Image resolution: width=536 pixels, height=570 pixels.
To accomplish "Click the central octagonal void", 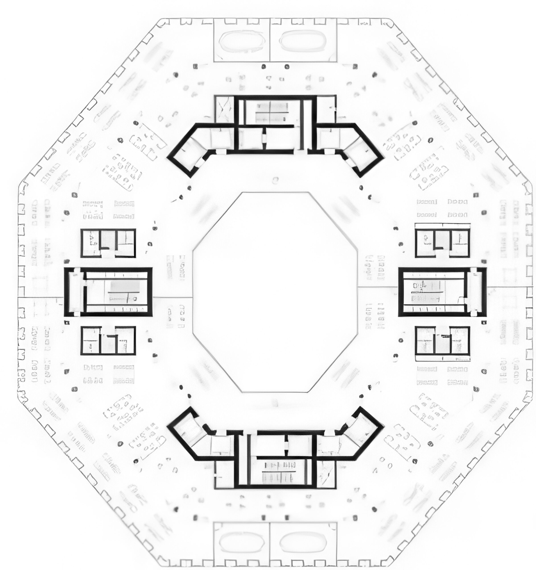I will pos(275,292).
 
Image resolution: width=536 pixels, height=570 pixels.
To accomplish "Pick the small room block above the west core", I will pos(108,243).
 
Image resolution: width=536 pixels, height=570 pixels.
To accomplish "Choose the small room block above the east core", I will pos(442,243).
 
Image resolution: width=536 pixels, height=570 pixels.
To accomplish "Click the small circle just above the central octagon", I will pos(275,180).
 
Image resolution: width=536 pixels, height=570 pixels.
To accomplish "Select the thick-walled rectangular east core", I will pos(442,292).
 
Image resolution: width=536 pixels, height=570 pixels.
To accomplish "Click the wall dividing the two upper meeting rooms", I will pos(270,40).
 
